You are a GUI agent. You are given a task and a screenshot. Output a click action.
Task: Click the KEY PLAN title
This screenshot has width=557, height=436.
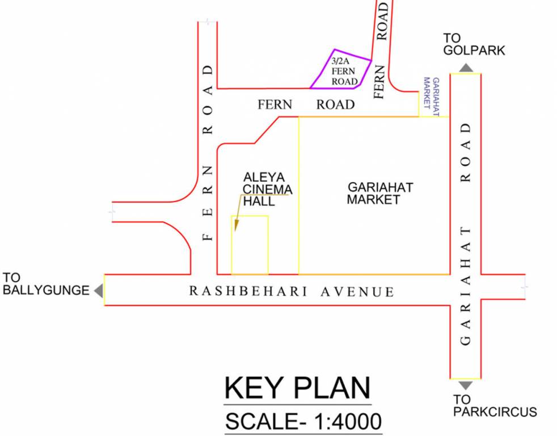coord(297,389)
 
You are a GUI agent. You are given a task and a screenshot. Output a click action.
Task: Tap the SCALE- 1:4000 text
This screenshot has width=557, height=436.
coord(303,422)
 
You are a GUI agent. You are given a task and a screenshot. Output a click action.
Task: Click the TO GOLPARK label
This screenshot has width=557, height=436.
coord(474,44)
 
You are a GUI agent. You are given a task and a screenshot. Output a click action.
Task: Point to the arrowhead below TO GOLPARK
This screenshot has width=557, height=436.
coord(466,68)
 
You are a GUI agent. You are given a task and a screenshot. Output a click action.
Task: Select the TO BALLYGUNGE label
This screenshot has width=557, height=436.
coord(45,284)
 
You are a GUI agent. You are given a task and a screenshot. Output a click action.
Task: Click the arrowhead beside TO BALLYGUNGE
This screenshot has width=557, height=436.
coord(99,291)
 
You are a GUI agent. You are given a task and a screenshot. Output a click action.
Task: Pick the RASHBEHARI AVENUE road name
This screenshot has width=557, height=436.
coord(292,292)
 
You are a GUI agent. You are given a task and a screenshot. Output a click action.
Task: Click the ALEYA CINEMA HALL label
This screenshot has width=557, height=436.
coord(268,188)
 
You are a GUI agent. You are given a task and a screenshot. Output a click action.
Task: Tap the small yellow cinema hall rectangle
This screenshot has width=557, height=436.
coord(250,245)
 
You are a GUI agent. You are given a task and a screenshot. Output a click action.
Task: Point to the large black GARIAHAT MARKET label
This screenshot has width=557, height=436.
coord(380,193)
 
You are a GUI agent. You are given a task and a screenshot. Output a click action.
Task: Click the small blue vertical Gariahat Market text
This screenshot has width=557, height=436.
coord(432,97)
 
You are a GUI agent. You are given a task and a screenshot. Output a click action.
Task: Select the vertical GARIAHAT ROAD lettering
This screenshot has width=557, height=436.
coord(466,233)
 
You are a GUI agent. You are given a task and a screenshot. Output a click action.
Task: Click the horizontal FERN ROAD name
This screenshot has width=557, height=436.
coord(306,104)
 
